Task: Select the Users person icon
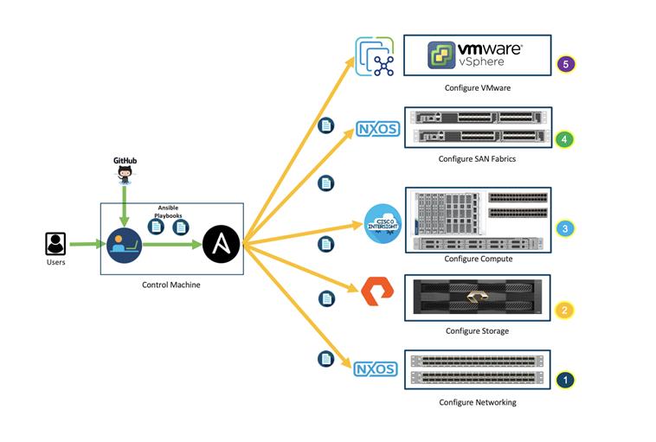(x=56, y=243)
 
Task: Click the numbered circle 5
(x=567, y=64)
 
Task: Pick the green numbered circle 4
(x=563, y=138)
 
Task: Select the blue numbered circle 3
(x=565, y=228)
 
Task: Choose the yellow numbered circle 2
(x=564, y=310)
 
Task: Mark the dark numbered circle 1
(x=564, y=379)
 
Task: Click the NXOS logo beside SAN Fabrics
(x=376, y=130)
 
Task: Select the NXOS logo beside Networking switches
(x=376, y=369)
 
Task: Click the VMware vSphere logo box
(x=477, y=54)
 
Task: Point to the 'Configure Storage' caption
(x=477, y=331)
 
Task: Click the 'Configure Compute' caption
(x=478, y=259)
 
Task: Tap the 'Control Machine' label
(x=171, y=285)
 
